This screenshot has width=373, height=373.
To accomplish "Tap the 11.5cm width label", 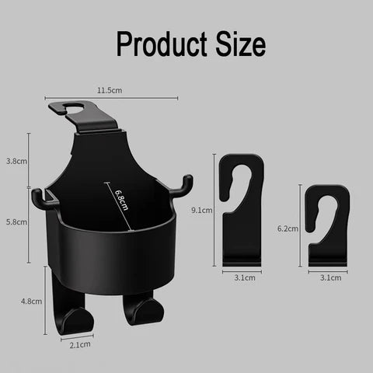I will coord(109,91).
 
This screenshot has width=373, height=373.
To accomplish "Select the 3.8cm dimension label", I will coord(16,162).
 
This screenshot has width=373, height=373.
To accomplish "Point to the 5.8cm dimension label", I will coord(16,221).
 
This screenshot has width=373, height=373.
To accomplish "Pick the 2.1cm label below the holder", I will coord(80,343).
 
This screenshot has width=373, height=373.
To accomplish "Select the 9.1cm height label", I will coord(201,210).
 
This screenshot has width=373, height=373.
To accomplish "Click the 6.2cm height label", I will coord(287,229).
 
